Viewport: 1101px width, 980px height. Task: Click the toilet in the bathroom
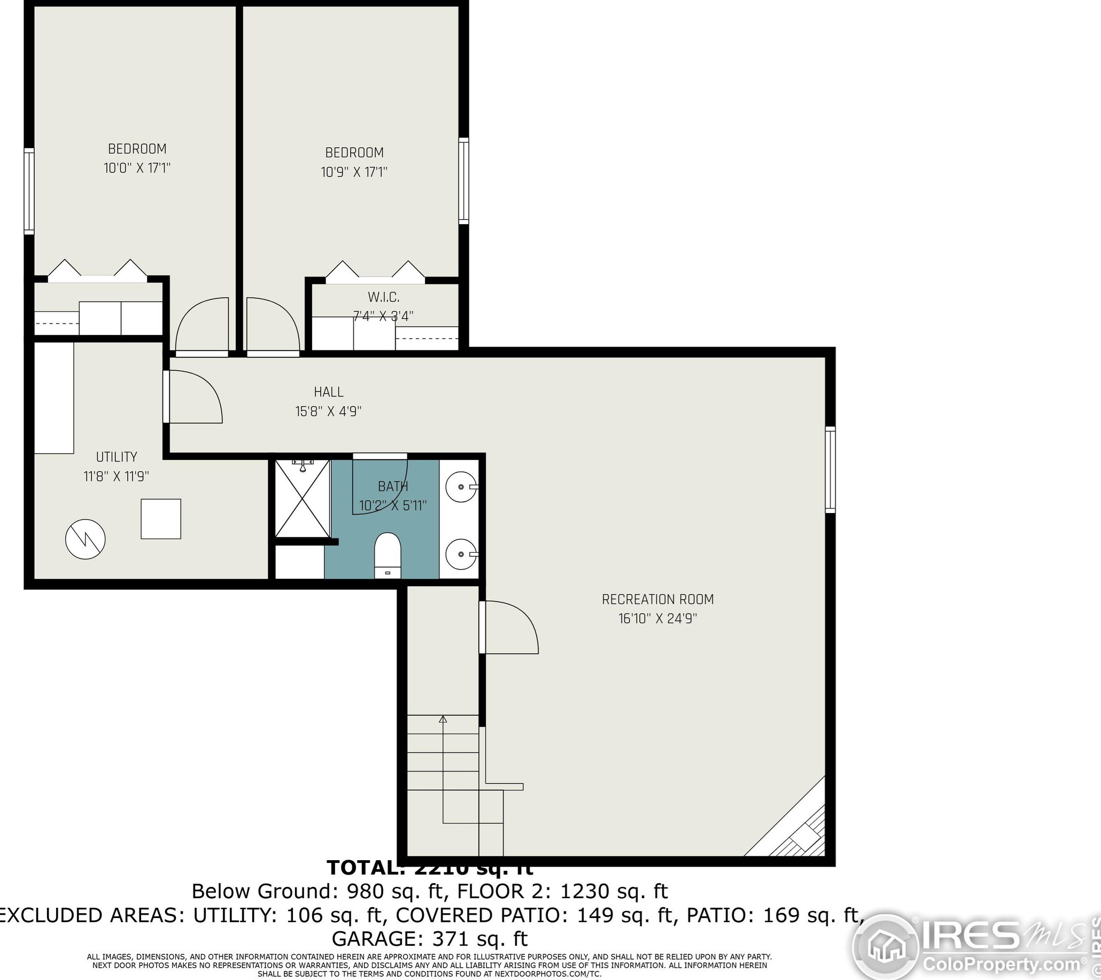click(x=388, y=555)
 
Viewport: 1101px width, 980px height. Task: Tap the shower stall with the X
click(x=302, y=499)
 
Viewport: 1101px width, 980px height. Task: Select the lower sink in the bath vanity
click(x=461, y=554)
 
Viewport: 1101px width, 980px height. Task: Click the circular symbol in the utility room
click(x=85, y=539)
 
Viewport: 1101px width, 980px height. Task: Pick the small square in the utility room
click(x=160, y=518)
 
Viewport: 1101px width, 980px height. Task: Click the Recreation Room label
click(x=657, y=599)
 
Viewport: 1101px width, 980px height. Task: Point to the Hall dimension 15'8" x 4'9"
click(x=328, y=412)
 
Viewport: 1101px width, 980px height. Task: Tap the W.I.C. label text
click(x=384, y=297)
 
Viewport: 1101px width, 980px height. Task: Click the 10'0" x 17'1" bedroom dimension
click(x=137, y=168)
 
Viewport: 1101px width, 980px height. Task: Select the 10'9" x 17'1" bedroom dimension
click(x=354, y=172)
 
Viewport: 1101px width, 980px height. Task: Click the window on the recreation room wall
click(x=830, y=470)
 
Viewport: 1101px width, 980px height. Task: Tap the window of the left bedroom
click(x=29, y=192)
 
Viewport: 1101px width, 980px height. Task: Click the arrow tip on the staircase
click(x=443, y=719)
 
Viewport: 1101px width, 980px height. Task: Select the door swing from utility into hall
click(x=194, y=397)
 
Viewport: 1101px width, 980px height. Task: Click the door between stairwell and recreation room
click(x=509, y=627)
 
